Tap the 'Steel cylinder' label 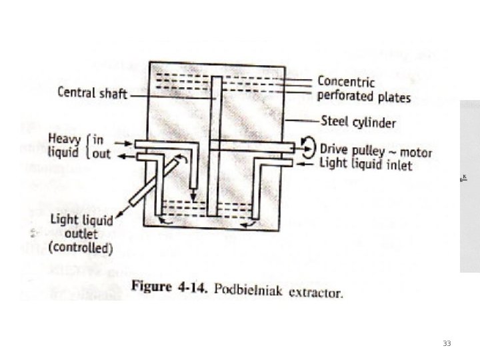point(358,122)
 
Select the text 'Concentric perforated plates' point(363,89)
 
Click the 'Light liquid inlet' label point(366,164)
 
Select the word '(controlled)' point(81,249)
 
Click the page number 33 point(447,343)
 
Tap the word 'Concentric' point(346,82)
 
